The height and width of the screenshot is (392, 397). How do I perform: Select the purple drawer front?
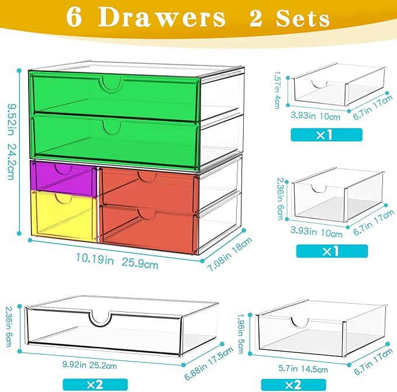pyautogui.click(x=63, y=179)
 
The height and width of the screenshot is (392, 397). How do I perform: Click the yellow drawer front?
pyautogui.click(x=63, y=216)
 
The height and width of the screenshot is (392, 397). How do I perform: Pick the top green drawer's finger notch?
pyautogui.click(x=111, y=84)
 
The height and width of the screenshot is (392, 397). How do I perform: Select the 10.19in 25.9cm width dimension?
pyautogui.click(x=112, y=263)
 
